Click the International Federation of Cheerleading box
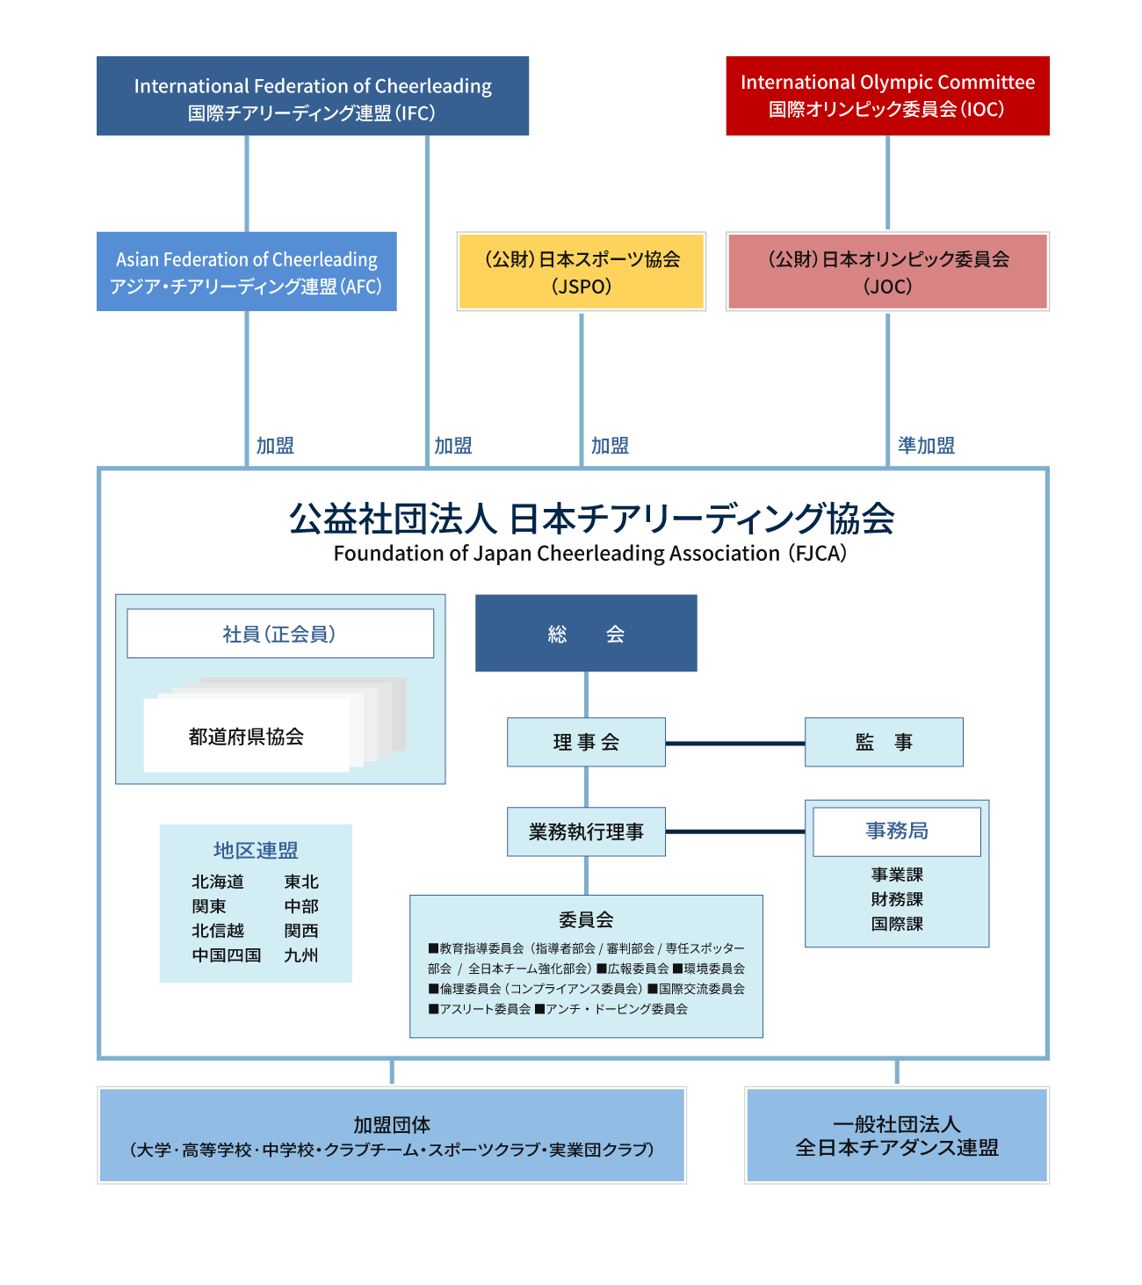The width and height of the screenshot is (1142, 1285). (x=313, y=97)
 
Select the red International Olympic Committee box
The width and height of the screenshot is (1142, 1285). (x=887, y=96)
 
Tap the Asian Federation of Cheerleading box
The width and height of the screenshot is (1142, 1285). (x=246, y=272)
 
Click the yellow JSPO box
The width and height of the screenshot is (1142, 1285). (x=581, y=272)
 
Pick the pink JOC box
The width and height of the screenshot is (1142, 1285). (x=887, y=272)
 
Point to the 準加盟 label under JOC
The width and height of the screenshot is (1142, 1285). (x=926, y=446)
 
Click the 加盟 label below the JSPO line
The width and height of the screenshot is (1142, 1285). (x=610, y=446)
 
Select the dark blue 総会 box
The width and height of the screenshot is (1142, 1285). (x=586, y=634)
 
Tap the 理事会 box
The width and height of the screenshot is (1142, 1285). (x=586, y=743)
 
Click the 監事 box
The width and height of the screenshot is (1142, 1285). (x=884, y=743)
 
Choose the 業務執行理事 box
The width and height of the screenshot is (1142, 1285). (x=586, y=832)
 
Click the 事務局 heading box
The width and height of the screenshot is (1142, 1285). (x=896, y=831)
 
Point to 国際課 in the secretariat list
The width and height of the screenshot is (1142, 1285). (x=897, y=924)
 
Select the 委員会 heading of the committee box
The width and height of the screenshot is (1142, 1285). (x=586, y=920)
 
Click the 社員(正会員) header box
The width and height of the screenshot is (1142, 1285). (x=280, y=634)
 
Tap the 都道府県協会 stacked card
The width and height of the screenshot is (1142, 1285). (x=247, y=737)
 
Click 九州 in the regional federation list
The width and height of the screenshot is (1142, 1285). (x=300, y=955)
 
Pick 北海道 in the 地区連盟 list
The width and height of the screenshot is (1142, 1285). (x=218, y=882)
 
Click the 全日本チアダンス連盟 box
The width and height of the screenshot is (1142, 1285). (x=896, y=1136)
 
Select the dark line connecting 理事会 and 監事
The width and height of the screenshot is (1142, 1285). (x=734, y=744)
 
